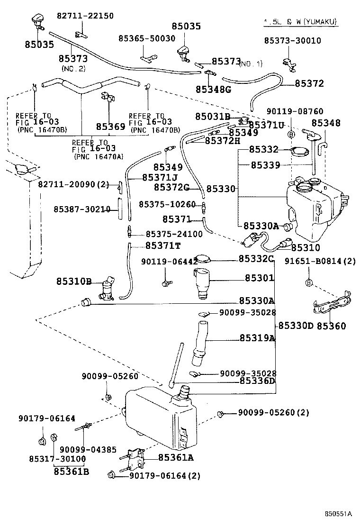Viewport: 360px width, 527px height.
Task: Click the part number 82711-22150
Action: (85, 16)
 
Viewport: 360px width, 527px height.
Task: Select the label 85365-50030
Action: (146, 38)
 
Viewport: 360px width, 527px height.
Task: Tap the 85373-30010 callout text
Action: (292, 41)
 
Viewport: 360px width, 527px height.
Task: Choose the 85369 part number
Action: (110, 127)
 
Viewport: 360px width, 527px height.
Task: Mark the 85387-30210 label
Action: (81, 209)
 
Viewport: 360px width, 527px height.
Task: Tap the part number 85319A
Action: (257, 338)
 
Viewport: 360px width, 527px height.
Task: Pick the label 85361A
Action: (176, 457)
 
